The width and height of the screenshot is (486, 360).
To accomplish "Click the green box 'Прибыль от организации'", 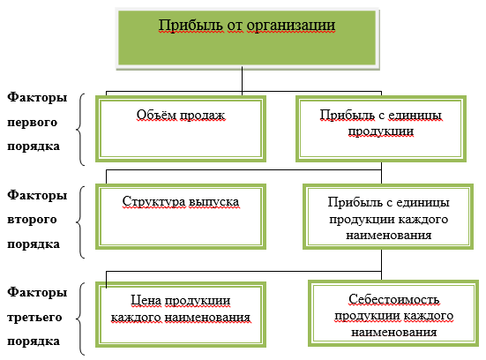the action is pos(247,39).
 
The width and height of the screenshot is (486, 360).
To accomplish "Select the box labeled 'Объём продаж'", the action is pos(181,129).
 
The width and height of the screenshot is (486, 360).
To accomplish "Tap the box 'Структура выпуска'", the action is pos(181,216).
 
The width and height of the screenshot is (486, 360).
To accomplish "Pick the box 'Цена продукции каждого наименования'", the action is pos(181,314).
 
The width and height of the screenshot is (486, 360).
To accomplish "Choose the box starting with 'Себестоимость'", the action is pos(393,313).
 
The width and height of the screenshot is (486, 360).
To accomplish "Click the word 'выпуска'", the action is pos(213,202).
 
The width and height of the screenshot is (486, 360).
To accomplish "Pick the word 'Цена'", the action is pos(146,300).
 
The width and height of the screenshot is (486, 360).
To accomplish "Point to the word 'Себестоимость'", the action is pos(393,299).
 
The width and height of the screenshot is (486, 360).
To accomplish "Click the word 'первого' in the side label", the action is pos(33,123).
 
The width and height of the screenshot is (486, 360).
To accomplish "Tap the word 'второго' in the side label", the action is pos(32,220).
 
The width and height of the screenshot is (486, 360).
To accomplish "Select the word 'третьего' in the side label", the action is pos(34,318).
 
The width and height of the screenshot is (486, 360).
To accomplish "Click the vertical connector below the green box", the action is pos(242,80).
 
